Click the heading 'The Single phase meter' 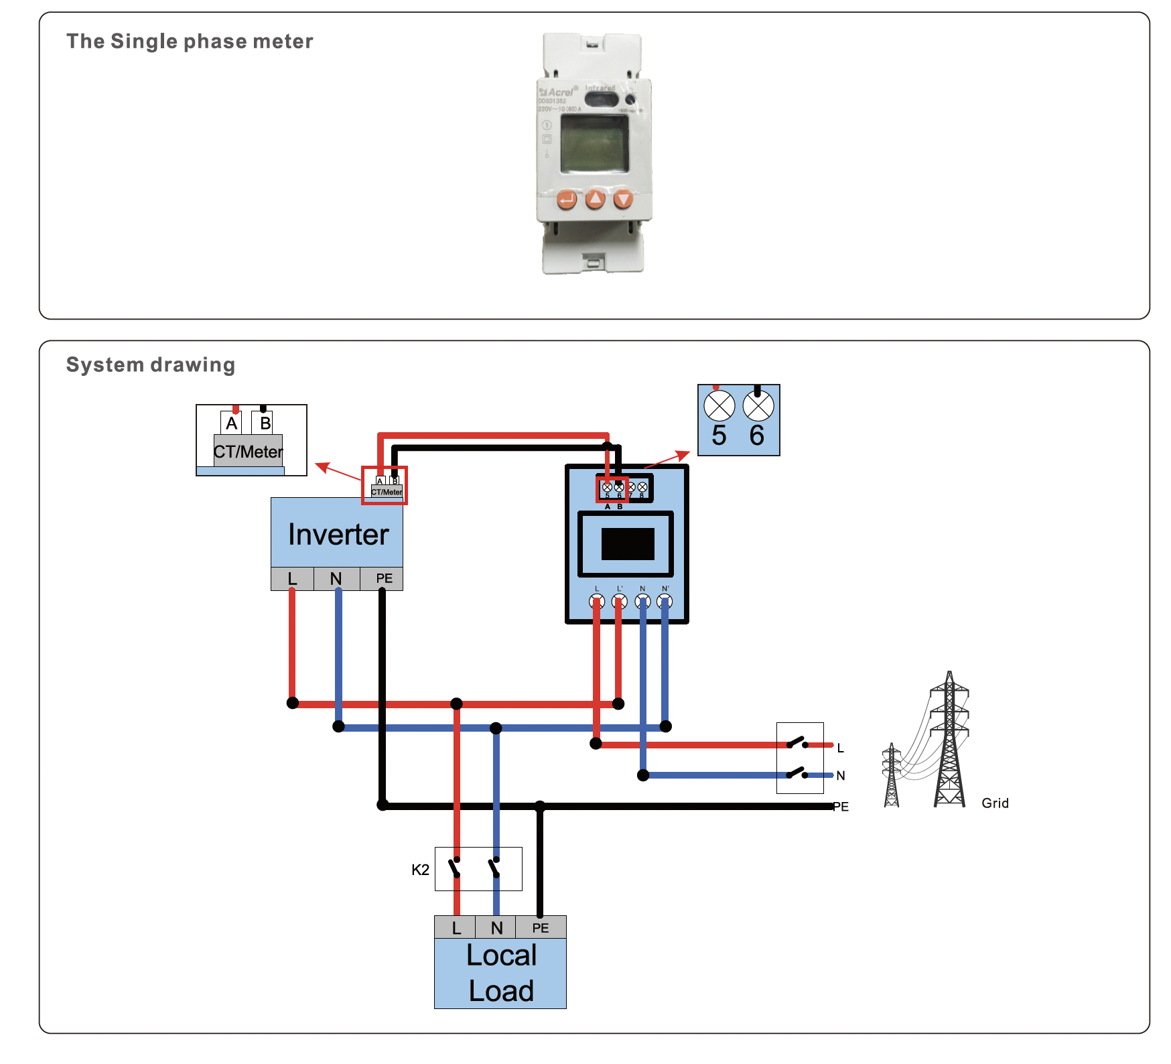click(190, 42)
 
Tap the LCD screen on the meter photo click(594, 143)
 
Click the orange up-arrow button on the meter click(595, 199)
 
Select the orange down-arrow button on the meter click(624, 199)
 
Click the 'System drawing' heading click(151, 364)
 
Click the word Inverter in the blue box click(338, 535)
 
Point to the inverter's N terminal click(336, 579)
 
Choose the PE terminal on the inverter click(384, 579)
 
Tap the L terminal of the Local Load click(456, 928)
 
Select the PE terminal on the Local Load click(541, 928)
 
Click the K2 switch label click(420, 870)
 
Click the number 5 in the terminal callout click(719, 436)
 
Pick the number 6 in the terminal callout click(757, 436)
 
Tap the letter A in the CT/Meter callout click(232, 423)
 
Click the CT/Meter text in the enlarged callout click(249, 452)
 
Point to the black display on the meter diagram click(628, 543)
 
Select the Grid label click(995, 803)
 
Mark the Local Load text click(501, 973)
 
